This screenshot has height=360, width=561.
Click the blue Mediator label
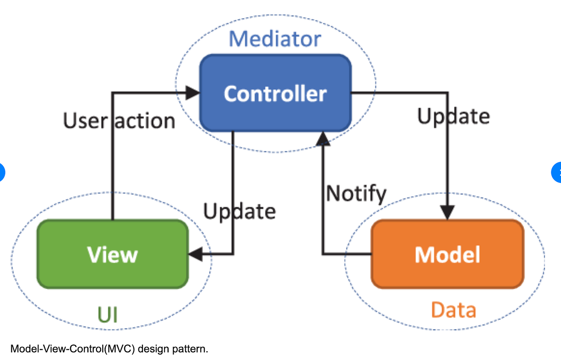coord(275,39)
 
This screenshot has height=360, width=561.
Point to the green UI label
coord(107,315)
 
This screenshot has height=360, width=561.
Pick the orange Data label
coord(454,310)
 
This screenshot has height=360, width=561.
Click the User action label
coord(119,121)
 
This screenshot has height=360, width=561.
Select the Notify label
coord(356,194)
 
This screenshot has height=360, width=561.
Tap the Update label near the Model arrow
coord(454,117)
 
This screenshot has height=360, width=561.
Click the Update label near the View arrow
coord(240,211)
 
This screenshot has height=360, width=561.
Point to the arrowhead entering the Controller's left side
coord(193,93)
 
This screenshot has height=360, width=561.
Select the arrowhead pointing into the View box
coord(196,254)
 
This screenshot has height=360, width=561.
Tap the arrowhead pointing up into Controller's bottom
coord(323,139)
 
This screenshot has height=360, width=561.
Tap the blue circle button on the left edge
coord(2,172)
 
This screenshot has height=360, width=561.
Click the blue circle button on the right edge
coord(557,172)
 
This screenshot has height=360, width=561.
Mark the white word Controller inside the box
coord(275,94)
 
